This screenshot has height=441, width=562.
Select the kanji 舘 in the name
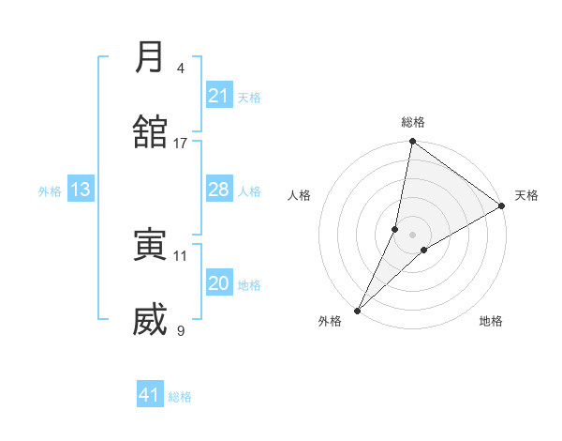point(150,130)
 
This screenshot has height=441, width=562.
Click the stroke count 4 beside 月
point(181,68)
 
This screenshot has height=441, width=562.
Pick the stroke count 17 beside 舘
point(181,143)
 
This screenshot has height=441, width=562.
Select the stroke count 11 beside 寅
point(181,255)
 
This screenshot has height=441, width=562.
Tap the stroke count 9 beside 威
point(181,330)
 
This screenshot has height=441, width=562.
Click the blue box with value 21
point(219,96)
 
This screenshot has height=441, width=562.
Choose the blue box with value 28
point(219,190)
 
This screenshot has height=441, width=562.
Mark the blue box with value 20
point(219,283)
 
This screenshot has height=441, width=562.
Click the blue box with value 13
point(81,190)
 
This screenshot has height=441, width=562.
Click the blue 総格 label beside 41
point(180,397)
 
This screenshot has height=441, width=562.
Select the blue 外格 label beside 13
point(50,191)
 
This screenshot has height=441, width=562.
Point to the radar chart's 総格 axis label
point(413,122)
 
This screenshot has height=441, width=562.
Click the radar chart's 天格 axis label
point(526,195)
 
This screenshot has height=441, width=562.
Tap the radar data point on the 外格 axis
point(357,310)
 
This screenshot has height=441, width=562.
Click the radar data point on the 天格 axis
point(502,206)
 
